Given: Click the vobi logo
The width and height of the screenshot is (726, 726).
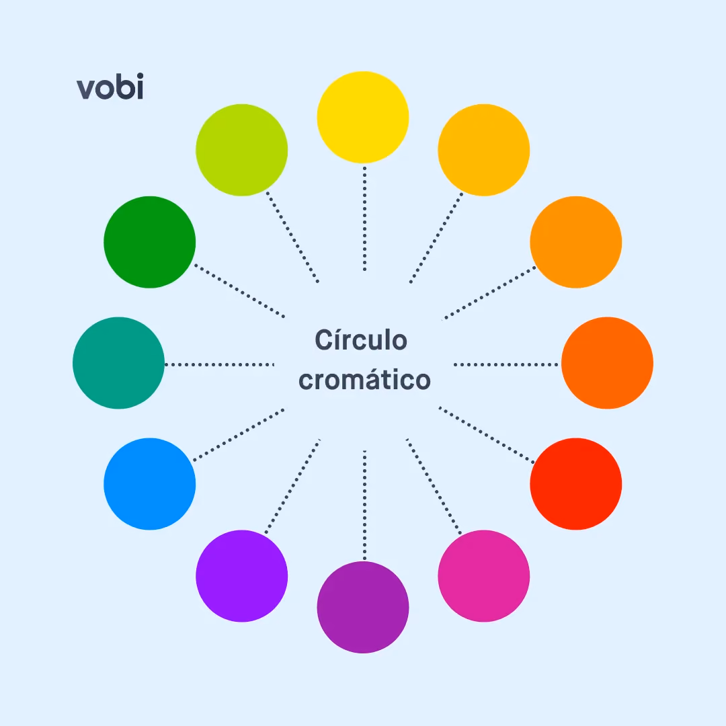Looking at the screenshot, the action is (x=110, y=87).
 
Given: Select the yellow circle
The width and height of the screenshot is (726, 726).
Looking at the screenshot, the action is (x=363, y=117).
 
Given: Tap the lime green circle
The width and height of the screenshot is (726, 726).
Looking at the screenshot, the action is (x=242, y=150).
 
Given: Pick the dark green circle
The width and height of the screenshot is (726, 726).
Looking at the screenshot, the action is (x=149, y=242).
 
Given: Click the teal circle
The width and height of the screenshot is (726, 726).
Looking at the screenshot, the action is (x=118, y=363).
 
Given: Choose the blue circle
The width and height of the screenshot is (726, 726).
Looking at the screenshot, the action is (x=149, y=484).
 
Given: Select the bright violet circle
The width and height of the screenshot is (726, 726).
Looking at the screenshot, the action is (x=242, y=576).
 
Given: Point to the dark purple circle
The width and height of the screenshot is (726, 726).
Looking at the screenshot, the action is (x=363, y=607).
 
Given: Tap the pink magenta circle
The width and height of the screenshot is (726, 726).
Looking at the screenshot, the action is (x=484, y=576).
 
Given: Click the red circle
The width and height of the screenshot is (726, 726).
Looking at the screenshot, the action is (x=576, y=484).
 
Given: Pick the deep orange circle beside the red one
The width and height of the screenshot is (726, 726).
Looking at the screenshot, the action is (x=607, y=363).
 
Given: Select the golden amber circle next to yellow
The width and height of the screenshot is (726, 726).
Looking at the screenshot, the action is (x=484, y=150).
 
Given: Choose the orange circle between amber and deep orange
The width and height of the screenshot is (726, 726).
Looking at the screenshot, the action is (x=576, y=242).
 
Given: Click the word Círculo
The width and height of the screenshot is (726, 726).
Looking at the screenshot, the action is (x=361, y=339).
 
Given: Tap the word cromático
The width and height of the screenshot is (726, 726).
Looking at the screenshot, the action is (x=365, y=380).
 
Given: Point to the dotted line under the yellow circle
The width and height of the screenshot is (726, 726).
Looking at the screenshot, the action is (x=365, y=218).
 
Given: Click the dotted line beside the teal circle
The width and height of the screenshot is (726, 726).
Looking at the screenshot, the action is (x=219, y=365).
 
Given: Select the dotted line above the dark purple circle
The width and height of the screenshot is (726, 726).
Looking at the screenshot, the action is (x=365, y=505).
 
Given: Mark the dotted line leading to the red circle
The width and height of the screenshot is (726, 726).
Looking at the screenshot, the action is (x=487, y=435).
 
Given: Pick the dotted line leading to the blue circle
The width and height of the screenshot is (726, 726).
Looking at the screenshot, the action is (x=239, y=435).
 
